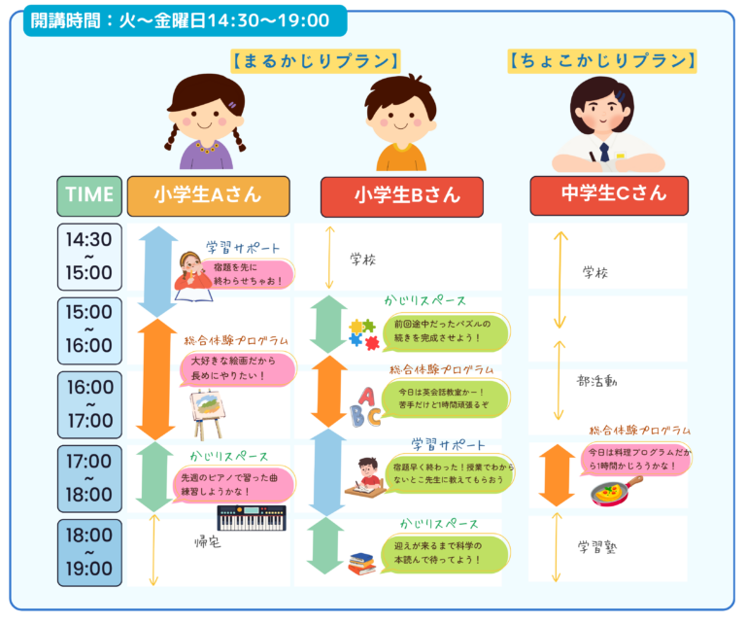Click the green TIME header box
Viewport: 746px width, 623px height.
(x=89, y=194)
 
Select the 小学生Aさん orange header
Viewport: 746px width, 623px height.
(x=208, y=194)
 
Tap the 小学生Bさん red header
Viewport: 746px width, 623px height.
(x=401, y=195)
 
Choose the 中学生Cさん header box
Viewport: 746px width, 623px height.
(x=609, y=194)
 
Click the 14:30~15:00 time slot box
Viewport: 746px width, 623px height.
(x=89, y=256)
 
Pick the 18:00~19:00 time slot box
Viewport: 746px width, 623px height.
(x=89, y=552)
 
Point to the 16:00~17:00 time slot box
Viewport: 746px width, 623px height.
(x=89, y=403)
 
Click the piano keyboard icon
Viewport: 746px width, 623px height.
(x=251, y=518)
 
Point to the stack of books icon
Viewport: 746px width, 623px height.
(x=361, y=562)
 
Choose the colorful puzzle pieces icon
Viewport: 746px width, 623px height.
(x=364, y=333)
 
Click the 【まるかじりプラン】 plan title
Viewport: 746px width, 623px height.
(x=316, y=61)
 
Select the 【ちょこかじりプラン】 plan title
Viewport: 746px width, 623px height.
(x=602, y=61)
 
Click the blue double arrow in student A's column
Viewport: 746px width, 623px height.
(x=155, y=272)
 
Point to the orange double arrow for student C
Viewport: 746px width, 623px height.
(x=557, y=475)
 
